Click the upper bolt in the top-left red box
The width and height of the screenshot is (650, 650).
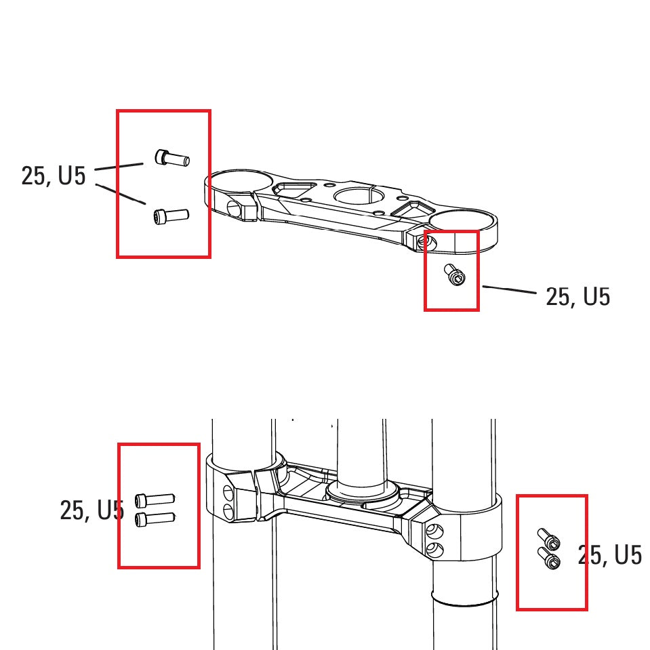[172, 159]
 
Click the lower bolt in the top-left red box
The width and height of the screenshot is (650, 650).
[171, 216]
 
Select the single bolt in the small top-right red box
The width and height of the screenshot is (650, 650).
[455, 275]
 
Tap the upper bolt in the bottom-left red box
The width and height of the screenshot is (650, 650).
[155, 500]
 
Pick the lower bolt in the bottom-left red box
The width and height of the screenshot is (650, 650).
[155, 519]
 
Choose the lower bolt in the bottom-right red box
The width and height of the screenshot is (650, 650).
[550, 559]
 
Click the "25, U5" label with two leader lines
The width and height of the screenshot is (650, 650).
[54, 176]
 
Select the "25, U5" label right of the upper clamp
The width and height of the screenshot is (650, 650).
[577, 297]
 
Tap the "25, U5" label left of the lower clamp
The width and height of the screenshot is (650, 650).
[92, 510]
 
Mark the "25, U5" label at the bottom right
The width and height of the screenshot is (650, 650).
[609, 555]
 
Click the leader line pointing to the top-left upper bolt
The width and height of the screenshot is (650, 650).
[119, 166]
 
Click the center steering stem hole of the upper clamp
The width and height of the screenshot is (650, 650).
[359, 198]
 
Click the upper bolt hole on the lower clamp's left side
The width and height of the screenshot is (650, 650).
[227, 491]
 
